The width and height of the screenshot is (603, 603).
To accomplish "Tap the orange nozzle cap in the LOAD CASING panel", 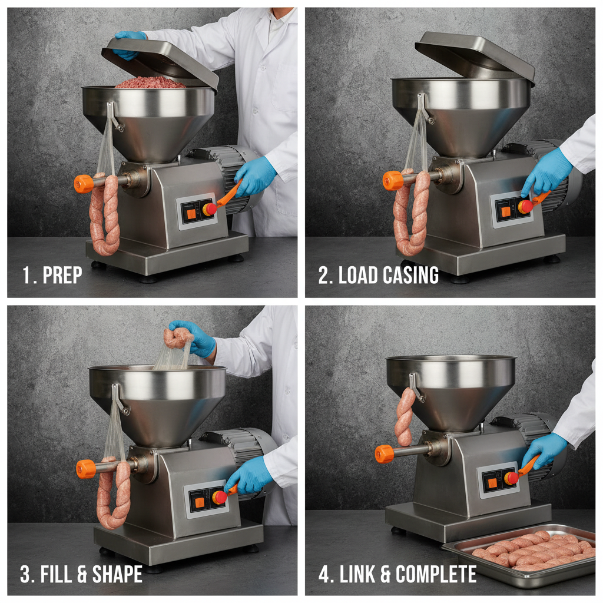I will point(392,180).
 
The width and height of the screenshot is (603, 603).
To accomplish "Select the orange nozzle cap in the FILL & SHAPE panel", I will point(86,469).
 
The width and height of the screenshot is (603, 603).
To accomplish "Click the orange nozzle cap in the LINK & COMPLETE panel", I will point(385,453).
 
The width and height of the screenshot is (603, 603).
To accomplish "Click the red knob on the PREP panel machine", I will point(210,208).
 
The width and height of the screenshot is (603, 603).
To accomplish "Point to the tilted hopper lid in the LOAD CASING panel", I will point(474,56).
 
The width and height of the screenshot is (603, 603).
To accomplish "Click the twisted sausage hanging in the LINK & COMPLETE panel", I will point(404,416).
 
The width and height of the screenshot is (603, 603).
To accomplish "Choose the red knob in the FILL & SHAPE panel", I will point(220,497).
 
